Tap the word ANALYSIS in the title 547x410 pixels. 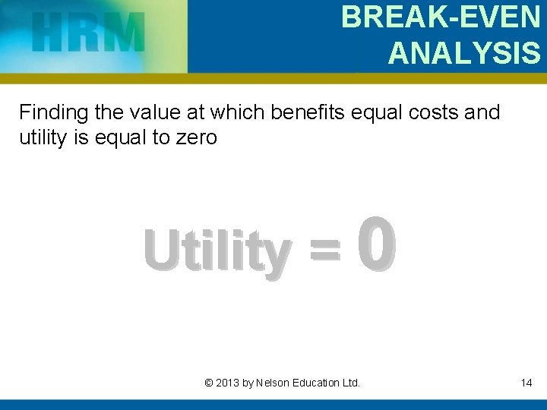click(x=464, y=53)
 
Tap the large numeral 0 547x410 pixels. click(x=377, y=246)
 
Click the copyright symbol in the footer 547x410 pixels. click(x=209, y=383)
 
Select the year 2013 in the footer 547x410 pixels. click(x=227, y=383)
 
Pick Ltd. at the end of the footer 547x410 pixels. click(x=351, y=383)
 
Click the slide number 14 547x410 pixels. click(x=526, y=383)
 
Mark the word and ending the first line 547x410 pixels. click(x=482, y=113)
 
